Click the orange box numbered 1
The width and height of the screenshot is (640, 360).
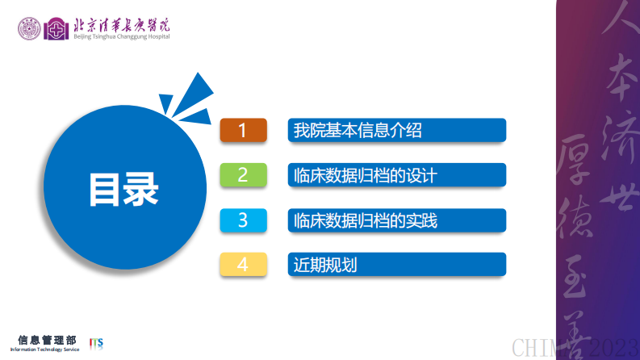(243, 130)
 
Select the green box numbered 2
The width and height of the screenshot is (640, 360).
(243, 175)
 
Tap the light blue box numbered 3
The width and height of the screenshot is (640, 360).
(243, 220)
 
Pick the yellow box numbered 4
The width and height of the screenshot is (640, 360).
(243, 264)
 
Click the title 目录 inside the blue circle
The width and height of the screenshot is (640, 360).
(123, 190)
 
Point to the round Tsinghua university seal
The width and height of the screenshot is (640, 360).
(31, 29)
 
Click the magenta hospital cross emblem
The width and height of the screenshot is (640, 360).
(56, 30)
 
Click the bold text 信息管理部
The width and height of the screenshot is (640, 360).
(48, 339)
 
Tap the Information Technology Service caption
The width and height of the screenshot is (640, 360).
(45, 350)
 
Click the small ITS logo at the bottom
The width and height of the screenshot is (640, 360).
(96, 343)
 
